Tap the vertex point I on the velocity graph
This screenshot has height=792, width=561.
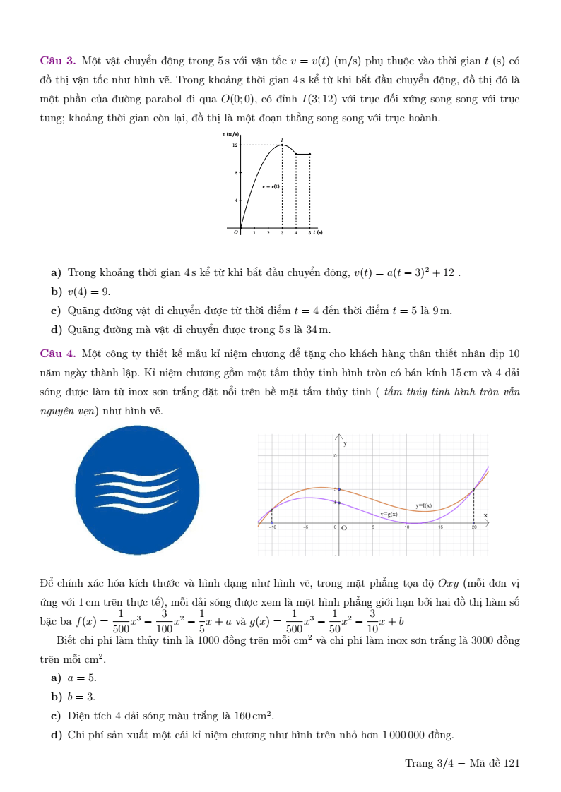tap(282, 144)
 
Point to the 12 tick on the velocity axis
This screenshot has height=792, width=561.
tap(235, 145)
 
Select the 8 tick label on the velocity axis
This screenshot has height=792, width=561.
tap(236, 172)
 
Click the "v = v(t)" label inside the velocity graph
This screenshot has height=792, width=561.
tap(271, 186)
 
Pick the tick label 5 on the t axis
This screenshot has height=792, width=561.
tap(309, 233)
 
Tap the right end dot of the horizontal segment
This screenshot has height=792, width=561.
tap(309, 154)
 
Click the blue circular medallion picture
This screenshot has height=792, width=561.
tap(137, 491)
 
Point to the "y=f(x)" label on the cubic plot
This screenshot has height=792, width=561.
tap(423, 505)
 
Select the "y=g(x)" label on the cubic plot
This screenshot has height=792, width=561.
tap(389, 515)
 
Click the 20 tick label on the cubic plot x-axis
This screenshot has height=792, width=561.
tap(474, 527)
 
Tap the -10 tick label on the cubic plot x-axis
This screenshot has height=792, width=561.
tap(272, 527)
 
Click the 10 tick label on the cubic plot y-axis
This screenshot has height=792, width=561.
tap(333, 456)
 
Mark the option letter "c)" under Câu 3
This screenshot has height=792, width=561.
tap(56, 311)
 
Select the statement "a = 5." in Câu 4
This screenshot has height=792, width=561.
tap(82, 678)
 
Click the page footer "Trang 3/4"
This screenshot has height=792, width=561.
tap(428, 763)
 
